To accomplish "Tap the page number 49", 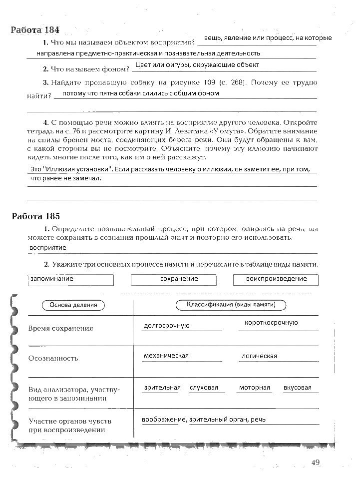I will pyautogui.click(x=315, y=463).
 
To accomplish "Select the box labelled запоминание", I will pyautogui.click(x=70, y=279).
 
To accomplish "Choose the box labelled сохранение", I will pyautogui.click(x=173, y=279).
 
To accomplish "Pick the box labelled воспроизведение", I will pyautogui.click(x=276, y=279).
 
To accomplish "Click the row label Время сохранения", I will pyautogui.click(x=60, y=329).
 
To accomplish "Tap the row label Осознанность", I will pyautogui.click(x=53, y=359).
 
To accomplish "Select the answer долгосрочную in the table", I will pyautogui.click(x=166, y=326).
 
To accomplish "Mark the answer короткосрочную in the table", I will pyautogui.click(x=271, y=323).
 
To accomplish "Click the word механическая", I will pyautogui.click(x=166, y=356).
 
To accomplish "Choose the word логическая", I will pyautogui.click(x=259, y=356).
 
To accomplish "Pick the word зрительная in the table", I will pyautogui.click(x=162, y=388).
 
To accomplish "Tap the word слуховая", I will pyautogui.click(x=204, y=388).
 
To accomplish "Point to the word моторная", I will pyautogui.click(x=254, y=388).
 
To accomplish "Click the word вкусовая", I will pyautogui.click(x=297, y=388).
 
